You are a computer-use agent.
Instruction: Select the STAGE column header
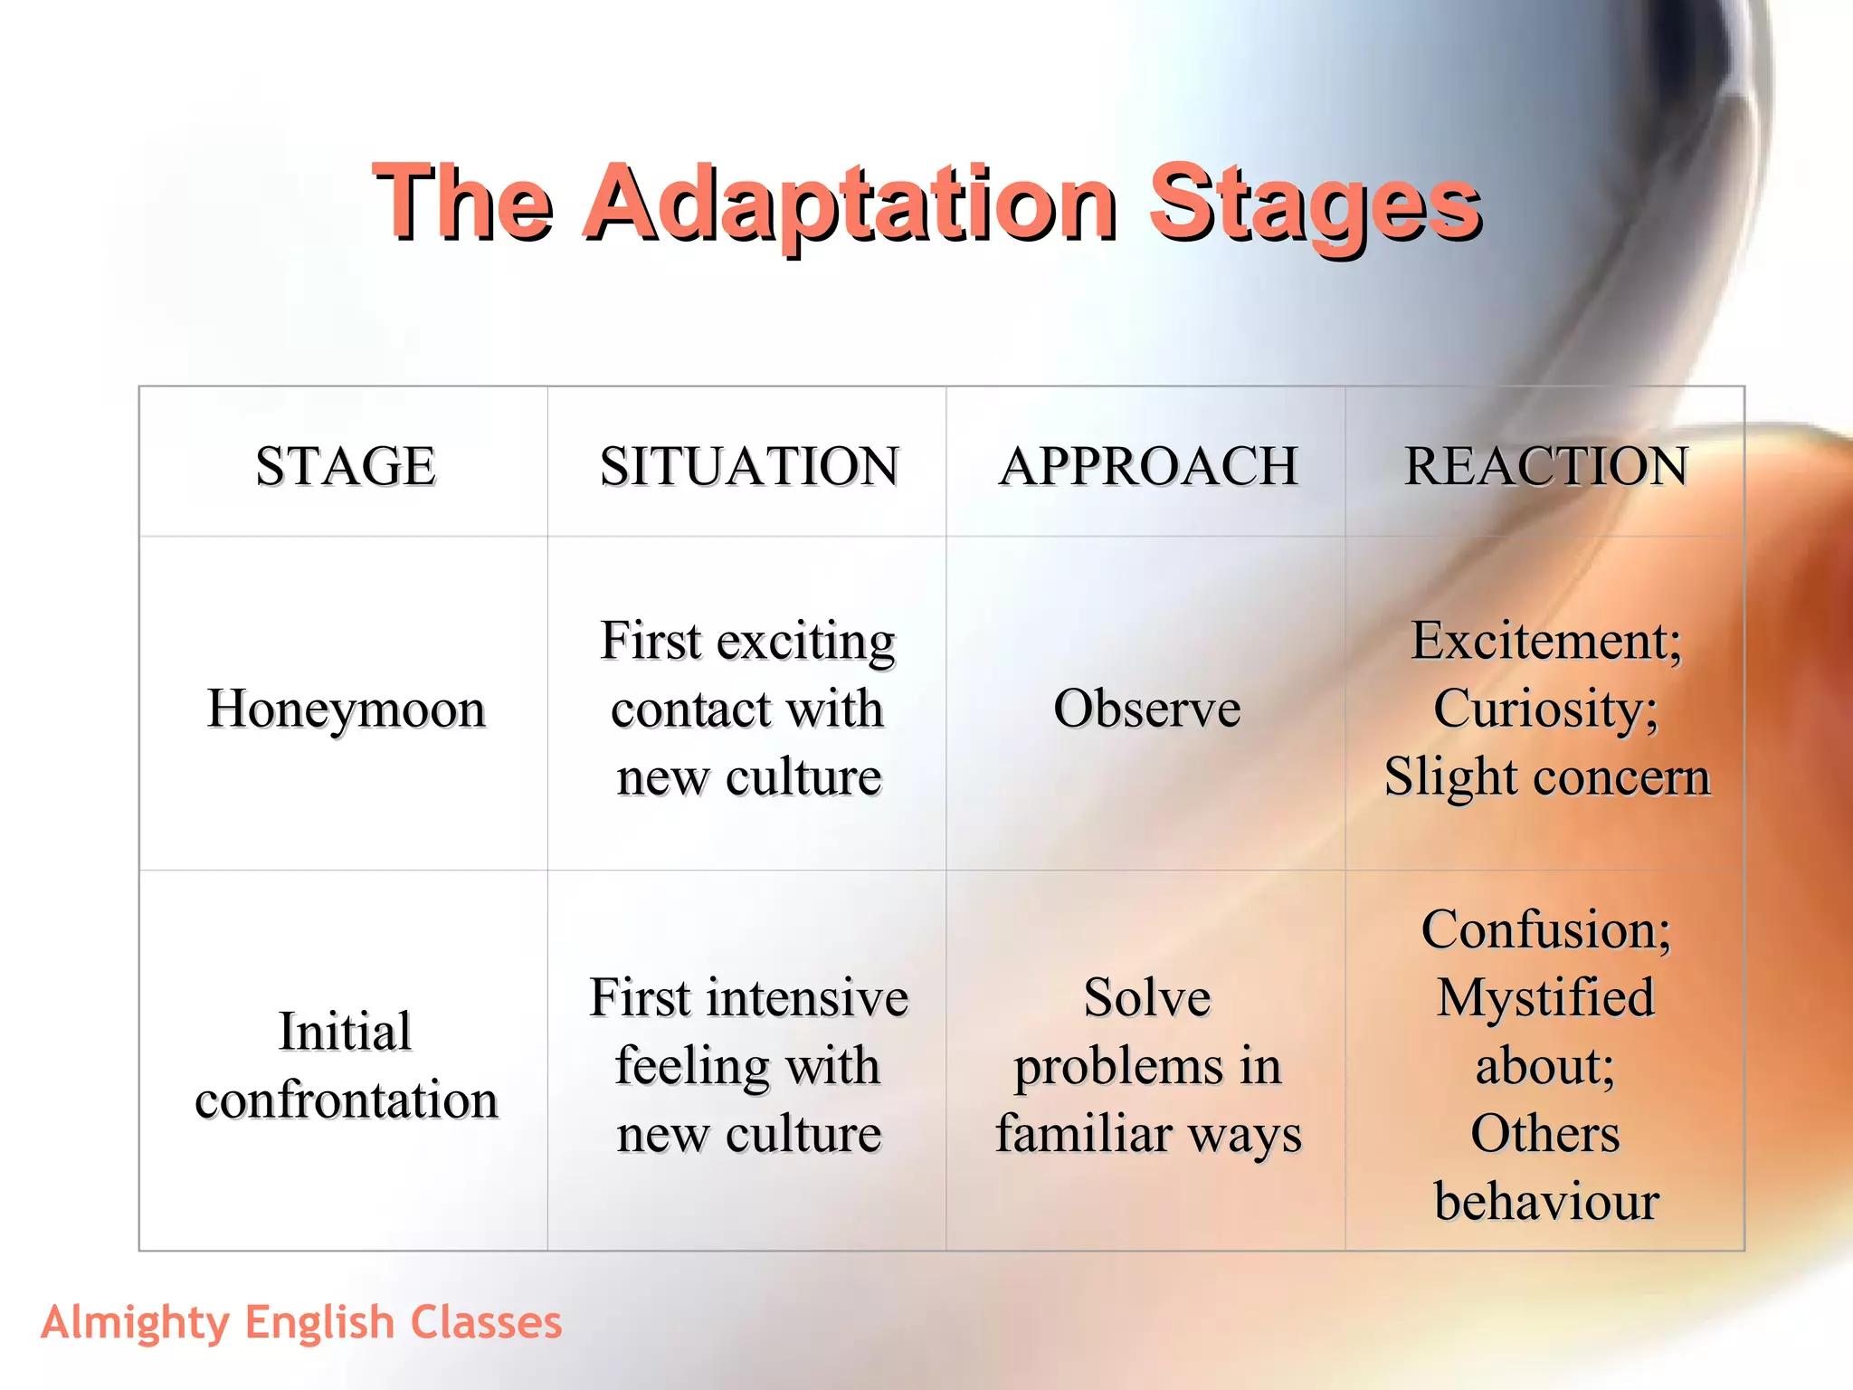(x=346, y=466)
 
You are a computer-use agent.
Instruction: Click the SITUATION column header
(x=749, y=466)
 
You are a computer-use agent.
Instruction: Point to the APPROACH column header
(x=1148, y=466)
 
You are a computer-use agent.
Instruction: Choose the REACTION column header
(x=1546, y=466)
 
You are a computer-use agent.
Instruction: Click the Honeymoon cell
(x=346, y=709)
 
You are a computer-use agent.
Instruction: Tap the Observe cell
(x=1146, y=709)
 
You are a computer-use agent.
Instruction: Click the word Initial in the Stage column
(x=345, y=1032)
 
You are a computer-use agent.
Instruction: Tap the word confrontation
(x=347, y=1100)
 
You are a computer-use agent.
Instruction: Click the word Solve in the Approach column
(x=1147, y=997)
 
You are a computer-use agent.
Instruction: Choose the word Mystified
(x=1546, y=998)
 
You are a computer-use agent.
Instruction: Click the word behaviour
(x=1546, y=1202)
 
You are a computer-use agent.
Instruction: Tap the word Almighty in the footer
(x=135, y=1323)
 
